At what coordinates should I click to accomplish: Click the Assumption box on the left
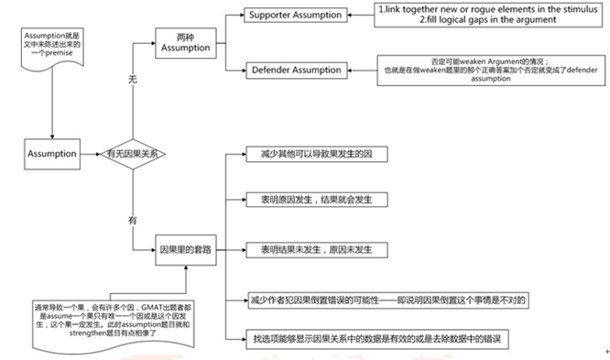(x=51, y=154)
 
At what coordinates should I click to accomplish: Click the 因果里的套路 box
(x=186, y=249)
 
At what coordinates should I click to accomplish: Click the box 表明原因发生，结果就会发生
(x=309, y=199)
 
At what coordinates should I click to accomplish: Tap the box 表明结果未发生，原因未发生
(x=309, y=249)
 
